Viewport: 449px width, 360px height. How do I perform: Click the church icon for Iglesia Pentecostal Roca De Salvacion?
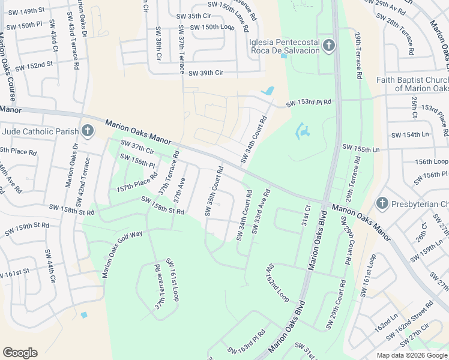click(328, 45)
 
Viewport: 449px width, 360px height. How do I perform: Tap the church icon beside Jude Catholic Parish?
click(88, 130)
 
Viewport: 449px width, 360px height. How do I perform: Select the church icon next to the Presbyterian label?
click(382, 204)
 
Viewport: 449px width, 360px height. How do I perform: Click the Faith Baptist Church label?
click(412, 84)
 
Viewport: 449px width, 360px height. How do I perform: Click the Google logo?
click(20, 353)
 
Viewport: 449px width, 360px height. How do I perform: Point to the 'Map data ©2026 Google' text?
click(411, 355)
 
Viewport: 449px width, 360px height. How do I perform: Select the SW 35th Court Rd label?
click(214, 191)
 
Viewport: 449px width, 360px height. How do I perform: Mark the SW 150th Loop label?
click(211, 28)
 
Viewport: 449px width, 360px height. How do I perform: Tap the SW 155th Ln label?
click(361, 148)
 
